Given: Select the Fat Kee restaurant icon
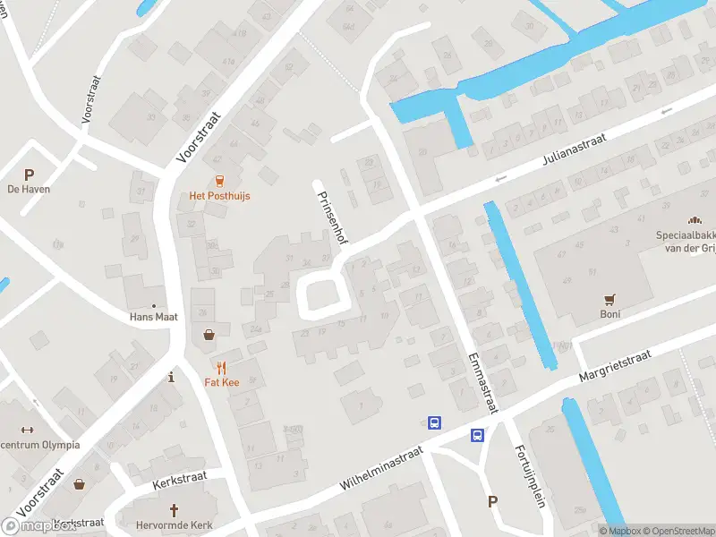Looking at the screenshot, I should [221, 368].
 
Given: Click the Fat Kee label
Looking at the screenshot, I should [220, 382].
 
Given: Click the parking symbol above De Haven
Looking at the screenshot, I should [29, 175].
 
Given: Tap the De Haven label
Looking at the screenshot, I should [29, 190].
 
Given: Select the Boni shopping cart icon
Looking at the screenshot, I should [610, 300].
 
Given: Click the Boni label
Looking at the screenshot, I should [610, 314].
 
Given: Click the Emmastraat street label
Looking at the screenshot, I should [481, 381].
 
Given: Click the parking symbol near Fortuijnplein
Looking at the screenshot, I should [492, 501].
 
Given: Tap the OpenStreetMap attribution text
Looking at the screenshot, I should [678, 531].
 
